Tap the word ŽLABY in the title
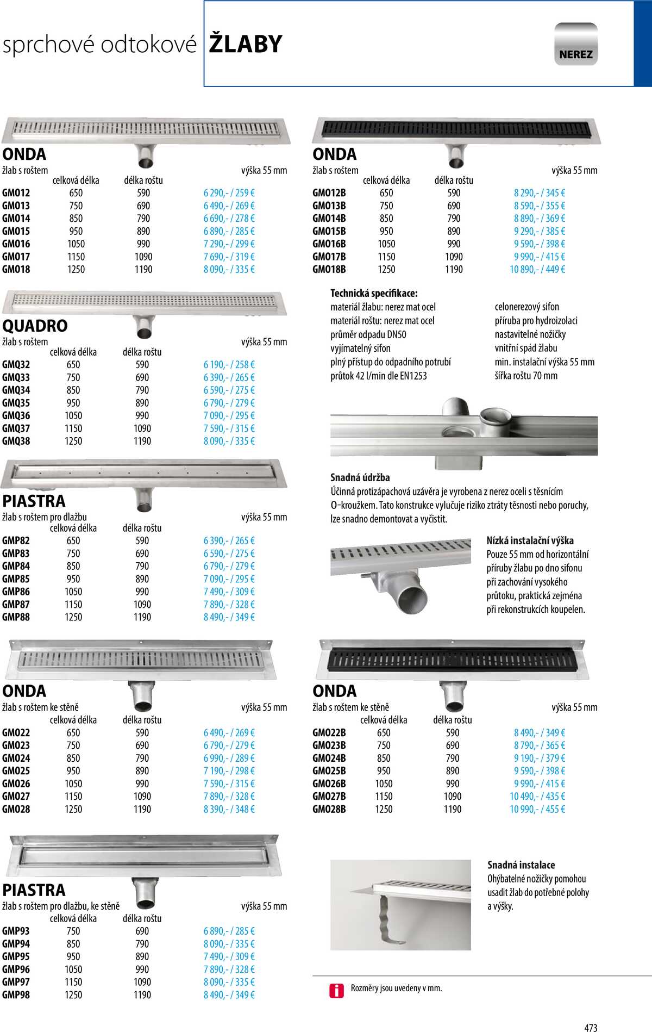(246, 44)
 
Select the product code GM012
(16, 193)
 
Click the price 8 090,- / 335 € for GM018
(229, 269)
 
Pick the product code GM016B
(329, 244)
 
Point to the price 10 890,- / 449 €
(537, 269)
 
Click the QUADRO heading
(35, 326)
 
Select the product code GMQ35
(16, 403)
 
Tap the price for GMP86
(229, 592)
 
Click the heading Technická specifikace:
(374, 293)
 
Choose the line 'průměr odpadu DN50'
(368, 334)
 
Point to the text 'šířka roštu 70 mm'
(525, 376)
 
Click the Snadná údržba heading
(360, 477)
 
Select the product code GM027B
(329, 797)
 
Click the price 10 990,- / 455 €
(537, 809)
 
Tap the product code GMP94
(16, 944)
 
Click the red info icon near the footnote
(336, 991)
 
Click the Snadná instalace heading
(521, 865)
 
